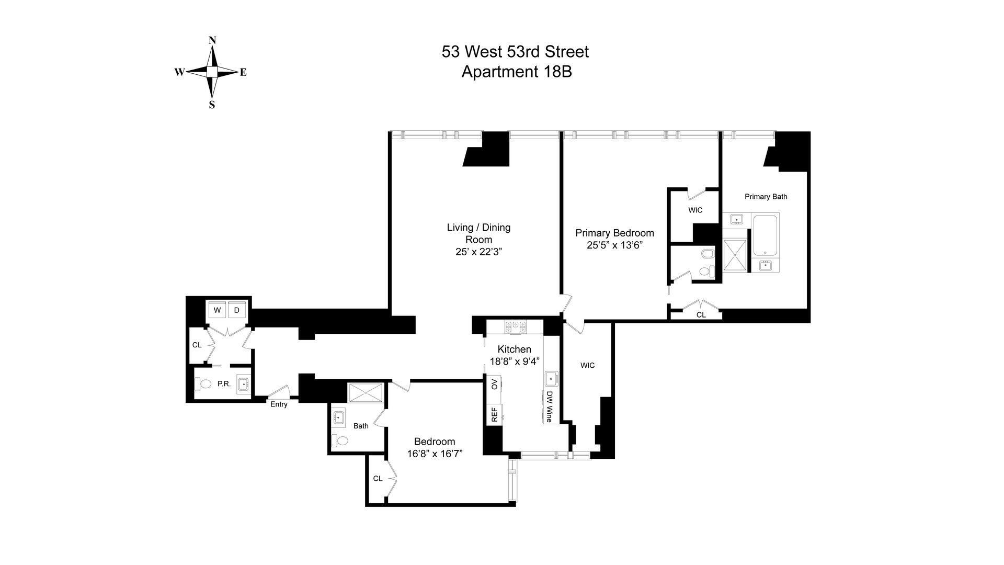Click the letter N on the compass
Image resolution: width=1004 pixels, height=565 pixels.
pyautogui.click(x=212, y=40)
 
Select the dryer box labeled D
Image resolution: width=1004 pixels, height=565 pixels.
pyautogui.click(x=236, y=310)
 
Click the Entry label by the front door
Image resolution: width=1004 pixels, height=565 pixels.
pyautogui.click(x=279, y=404)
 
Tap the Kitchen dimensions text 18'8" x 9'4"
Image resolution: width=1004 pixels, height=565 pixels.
pyautogui.click(x=515, y=361)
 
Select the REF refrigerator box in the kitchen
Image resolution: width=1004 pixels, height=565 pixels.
pyautogui.click(x=494, y=415)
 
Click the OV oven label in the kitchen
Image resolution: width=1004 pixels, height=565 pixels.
pyautogui.click(x=494, y=385)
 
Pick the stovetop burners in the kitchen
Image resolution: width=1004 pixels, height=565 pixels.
pyautogui.click(x=515, y=327)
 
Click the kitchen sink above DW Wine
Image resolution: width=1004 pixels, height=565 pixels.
pyautogui.click(x=551, y=378)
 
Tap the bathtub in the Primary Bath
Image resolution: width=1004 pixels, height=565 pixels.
pyautogui.click(x=766, y=235)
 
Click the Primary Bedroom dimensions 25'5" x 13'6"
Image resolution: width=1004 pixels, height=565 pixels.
pyautogui.click(x=614, y=245)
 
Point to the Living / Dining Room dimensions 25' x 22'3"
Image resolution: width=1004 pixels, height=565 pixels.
pyautogui.click(x=478, y=252)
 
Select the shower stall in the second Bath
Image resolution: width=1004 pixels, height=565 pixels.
pyautogui.click(x=366, y=393)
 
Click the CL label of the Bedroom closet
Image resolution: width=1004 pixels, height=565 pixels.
pyautogui.click(x=378, y=479)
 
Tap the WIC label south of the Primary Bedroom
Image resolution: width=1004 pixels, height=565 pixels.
pyautogui.click(x=587, y=366)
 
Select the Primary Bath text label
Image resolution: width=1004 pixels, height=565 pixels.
pyautogui.click(x=766, y=197)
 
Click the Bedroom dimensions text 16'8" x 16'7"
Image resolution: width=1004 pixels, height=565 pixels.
pyautogui.click(x=435, y=454)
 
